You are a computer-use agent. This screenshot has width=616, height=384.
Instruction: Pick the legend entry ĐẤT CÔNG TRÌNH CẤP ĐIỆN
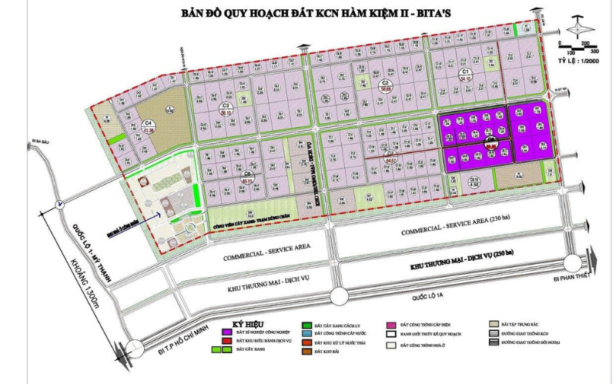(430, 325)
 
